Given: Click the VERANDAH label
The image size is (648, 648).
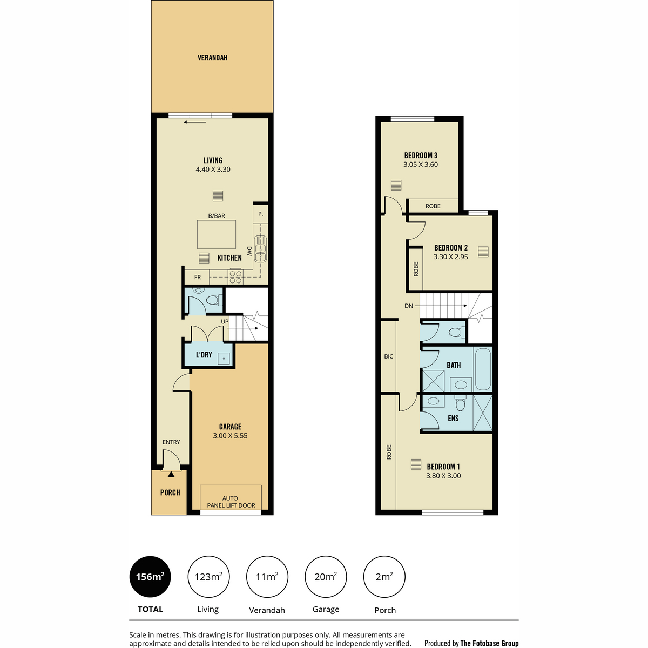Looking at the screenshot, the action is point(212,58).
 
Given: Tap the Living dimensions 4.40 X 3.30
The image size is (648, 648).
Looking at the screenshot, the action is point(213,170).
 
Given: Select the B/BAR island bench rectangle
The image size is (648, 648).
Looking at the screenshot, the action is point(216,234).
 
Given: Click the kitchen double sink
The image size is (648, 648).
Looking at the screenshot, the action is point(260,249).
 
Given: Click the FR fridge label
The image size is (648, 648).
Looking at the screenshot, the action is point(198,277).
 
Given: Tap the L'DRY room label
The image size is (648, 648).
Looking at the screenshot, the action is point(204,355).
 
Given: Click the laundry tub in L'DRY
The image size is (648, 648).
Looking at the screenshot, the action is point(223,359).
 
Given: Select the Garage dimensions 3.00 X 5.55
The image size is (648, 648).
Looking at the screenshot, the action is point(230,436).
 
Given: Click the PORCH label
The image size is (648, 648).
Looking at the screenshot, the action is point(170,492).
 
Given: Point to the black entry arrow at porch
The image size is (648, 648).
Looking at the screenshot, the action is point(171,475).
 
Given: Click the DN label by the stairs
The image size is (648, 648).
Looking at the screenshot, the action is point(409,306).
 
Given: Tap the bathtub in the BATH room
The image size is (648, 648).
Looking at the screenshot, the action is point(483,369).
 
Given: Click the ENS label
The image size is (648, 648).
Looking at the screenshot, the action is point(453,418).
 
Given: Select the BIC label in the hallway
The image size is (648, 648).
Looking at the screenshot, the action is point(388,356).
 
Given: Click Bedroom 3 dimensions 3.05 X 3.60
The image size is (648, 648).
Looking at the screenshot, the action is point(421,165).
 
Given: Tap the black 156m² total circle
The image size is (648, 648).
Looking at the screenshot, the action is point(150,577).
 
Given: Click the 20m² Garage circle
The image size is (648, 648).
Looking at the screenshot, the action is point(326,577).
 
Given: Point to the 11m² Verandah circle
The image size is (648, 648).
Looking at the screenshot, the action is point(267,577).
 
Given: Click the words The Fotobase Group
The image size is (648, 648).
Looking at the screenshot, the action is point(489,643).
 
